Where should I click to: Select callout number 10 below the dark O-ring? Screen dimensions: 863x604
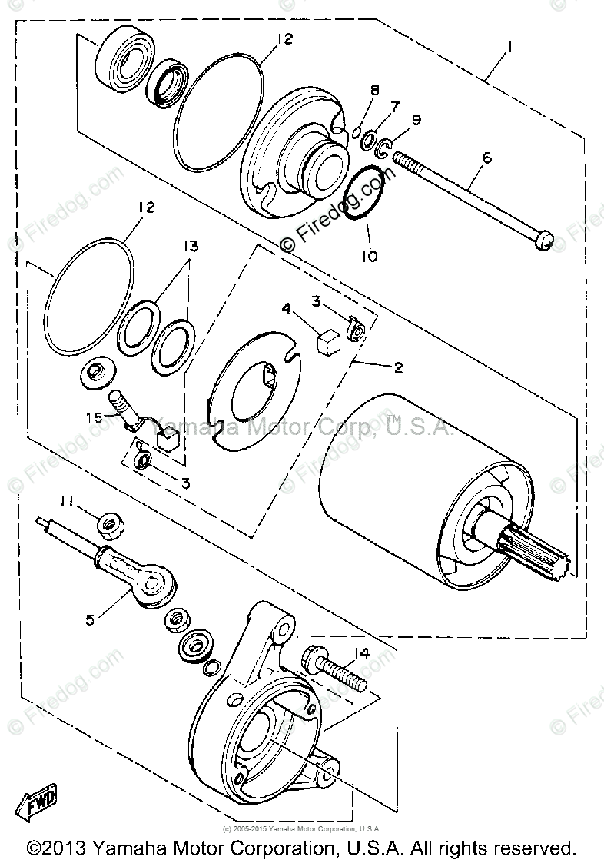369,257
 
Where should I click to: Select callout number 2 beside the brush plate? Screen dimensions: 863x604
397,368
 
